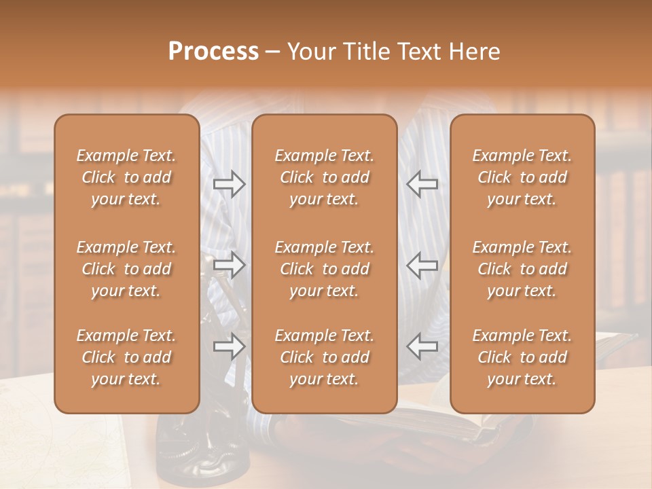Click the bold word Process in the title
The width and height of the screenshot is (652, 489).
tap(213, 52)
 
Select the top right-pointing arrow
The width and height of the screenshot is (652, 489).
tap(230, 184)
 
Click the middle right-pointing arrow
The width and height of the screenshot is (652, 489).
tap(230, 265)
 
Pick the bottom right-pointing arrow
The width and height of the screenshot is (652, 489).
tap(230, 346)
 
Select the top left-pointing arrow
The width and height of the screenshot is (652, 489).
tap(422, 184)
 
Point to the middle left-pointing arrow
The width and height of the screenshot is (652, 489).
tap(422, 265)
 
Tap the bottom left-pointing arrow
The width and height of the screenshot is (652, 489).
tap(422, 346)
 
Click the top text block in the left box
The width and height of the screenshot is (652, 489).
tap(126, 177)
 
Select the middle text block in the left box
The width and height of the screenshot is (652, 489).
tap(126, 269)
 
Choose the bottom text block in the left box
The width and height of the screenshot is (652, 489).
tap(126, 357)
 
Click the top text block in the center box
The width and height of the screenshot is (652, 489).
tap(324, 177)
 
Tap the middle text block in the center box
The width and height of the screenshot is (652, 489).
tap(324, 269)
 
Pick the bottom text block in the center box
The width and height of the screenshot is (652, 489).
tap(324, 357)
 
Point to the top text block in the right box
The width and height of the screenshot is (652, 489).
tap(522, 177)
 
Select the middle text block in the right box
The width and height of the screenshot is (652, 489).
tap(522, 269)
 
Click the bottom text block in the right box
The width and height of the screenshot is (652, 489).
tap(522, 357)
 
